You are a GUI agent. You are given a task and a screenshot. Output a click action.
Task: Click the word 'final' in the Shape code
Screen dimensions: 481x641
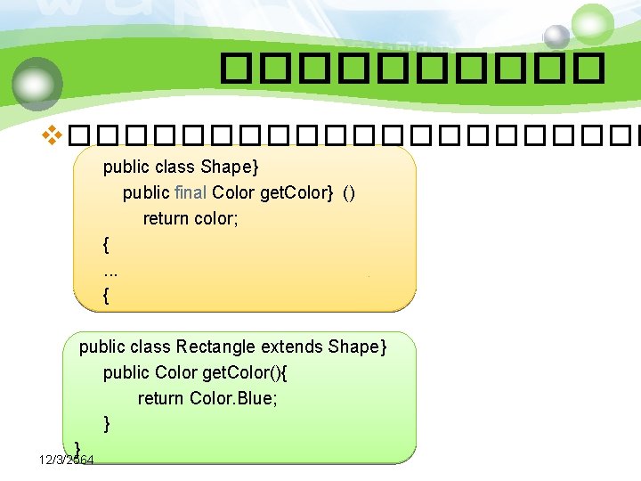pos(191,192)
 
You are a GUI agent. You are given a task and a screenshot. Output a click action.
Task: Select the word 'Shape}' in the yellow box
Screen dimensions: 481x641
pos(230,167)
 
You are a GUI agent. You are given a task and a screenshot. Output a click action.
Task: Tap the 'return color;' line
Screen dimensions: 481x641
pos(191,218)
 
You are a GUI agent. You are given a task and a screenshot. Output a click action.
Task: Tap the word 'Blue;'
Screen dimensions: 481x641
pos(258,398)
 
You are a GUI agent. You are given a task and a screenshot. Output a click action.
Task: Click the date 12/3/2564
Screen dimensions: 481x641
pos(68,460)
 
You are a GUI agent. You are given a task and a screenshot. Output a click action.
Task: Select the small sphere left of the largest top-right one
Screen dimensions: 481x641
pos(556,37)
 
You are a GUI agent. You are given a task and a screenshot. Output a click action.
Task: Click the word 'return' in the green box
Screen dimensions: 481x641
pos(161,398)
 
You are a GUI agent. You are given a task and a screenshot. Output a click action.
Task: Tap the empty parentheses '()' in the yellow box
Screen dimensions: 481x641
pos(349,192)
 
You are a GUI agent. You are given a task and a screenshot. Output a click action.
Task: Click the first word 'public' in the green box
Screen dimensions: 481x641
pos(103,346)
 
